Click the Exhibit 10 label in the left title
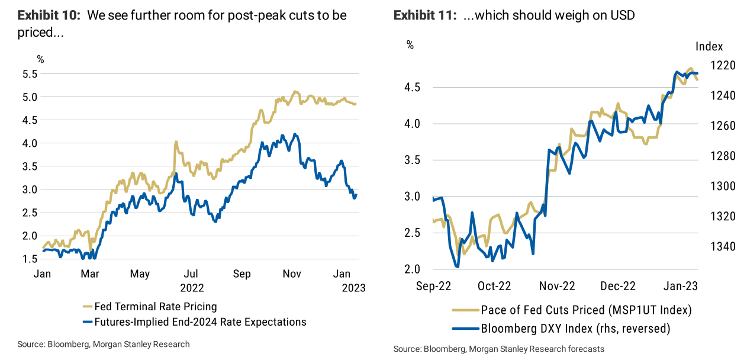click(x=50, y=15)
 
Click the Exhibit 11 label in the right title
click(x=425, y=15)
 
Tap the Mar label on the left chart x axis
click(x=90, y=274)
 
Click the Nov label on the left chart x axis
click(x=292, y=274)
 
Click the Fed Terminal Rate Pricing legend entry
click(x=156, y=307)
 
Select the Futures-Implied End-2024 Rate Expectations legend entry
click(x=201, y=322)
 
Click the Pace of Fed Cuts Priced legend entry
click(x=586, y=310)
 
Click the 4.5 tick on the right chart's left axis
click(x=416, y=88)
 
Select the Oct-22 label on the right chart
click(x=494, y=286)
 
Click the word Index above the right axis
click(x=709, y=47)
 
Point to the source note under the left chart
click(x=104, y=344)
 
